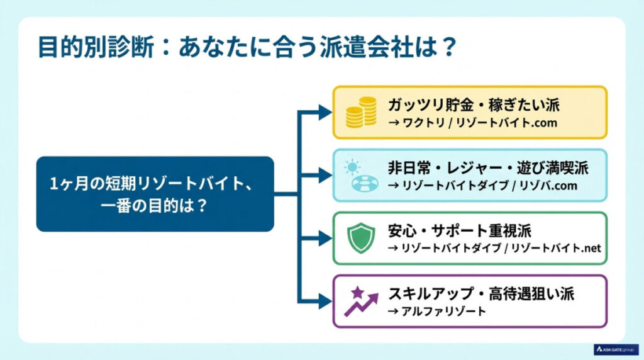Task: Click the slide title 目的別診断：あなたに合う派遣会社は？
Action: point(246,48)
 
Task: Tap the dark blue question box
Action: point(155,194)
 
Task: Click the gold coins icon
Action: point(361,113)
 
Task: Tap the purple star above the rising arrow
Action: point(357,292)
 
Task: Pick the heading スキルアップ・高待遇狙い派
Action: point(481,293)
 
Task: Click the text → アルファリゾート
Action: point(437,310)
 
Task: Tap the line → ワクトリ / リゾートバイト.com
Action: point(472,123)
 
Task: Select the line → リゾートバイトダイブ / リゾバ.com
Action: point(482,186)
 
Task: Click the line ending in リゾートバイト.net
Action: point(494,248)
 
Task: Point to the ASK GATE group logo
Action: point(616,349)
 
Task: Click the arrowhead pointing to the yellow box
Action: point(325,113)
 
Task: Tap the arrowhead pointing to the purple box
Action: point(325,301)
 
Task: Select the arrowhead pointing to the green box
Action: point(325,238)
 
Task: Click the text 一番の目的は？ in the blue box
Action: point(154,205)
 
